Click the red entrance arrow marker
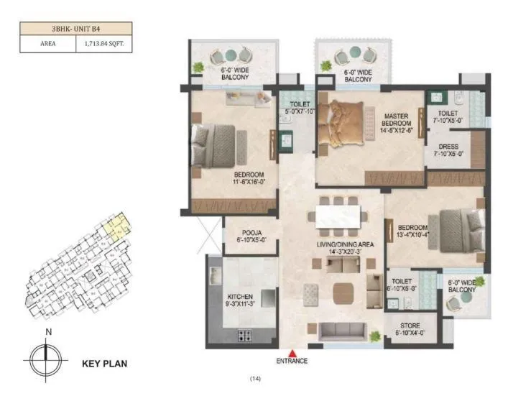pyautogui.click(x=294, y=352)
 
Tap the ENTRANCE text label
pyautogui.click(x=294, y=361)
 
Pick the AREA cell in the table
pyautogui.click(x=48, y=43)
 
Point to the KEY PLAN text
pyautogui.click(x=105, y=364)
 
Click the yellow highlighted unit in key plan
pyautogui.click(x=114, y=226)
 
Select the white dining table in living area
pyautogui.click(x=337, y=216)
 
